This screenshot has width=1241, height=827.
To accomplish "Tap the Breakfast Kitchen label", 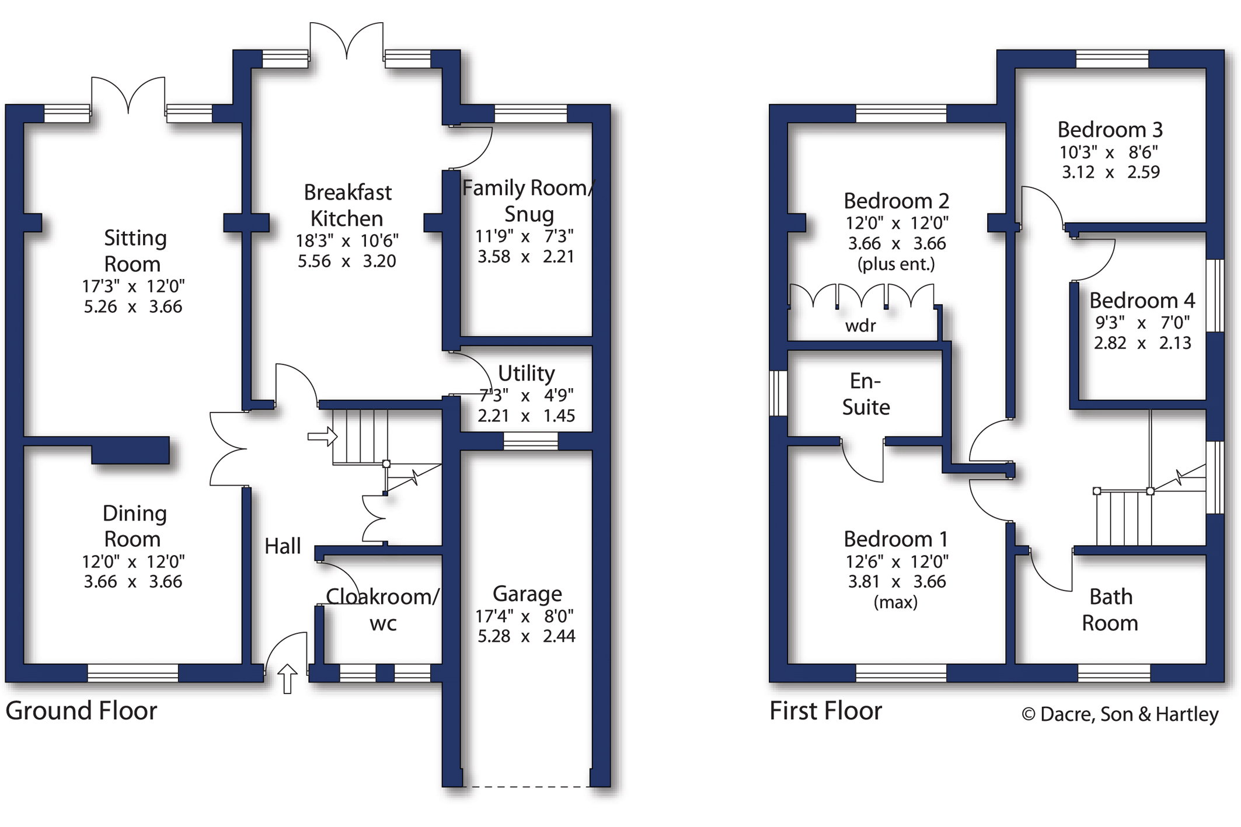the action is click(347, 205).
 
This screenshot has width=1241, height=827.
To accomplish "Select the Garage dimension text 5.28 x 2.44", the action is click(527, 636).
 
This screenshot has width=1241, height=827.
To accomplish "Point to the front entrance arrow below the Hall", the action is click(287, 678).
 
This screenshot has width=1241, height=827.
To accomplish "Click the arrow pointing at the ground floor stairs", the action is click(322, 437).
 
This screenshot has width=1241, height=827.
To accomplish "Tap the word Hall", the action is click(283, 546).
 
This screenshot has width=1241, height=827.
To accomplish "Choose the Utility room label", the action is click(526, 373).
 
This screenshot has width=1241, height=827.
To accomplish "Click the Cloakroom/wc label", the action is click(382, 610).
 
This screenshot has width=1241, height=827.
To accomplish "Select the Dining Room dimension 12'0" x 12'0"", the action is click(133, 561).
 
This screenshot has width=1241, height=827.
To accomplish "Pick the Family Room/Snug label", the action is click(528, 201).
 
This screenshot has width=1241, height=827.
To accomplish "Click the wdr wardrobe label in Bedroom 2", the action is click(860, 326).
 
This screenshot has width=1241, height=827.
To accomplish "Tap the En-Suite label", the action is click(866, 394).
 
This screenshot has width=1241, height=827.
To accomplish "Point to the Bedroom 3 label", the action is click(1110, 130).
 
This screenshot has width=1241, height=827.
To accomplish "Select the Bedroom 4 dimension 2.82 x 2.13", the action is click(1142, 343).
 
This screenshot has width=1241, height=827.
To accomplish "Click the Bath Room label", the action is click(1110, 610).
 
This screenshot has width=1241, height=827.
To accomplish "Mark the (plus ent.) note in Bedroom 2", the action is click(896, 264).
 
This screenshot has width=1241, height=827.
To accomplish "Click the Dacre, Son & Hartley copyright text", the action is click(1120, 714).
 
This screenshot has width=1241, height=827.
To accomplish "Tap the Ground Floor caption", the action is click(81, 711).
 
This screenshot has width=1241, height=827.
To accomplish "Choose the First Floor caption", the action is click(825, 711).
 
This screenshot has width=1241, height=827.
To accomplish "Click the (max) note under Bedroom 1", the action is click(895, 602).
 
